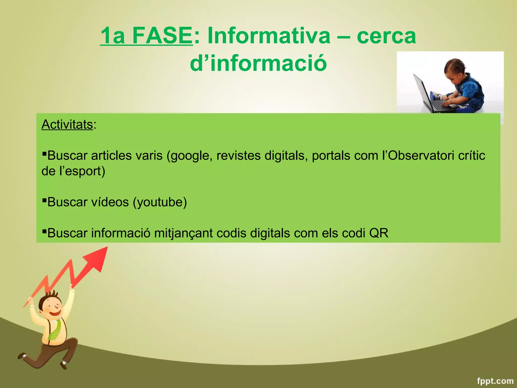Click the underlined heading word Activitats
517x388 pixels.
tap(67, 125)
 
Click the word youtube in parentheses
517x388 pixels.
tap(160, 202)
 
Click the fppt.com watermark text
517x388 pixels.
tap(495, 381)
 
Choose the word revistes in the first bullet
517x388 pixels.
tap(238, 156)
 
